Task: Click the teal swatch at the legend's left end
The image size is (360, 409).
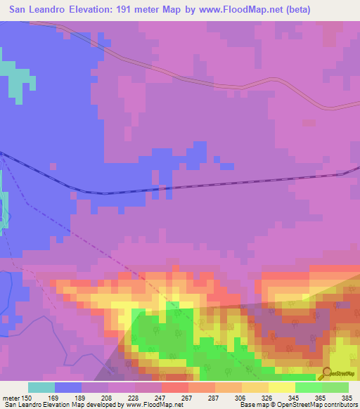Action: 41,387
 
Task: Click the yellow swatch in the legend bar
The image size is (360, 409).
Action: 281,387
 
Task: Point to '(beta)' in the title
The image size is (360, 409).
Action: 296,10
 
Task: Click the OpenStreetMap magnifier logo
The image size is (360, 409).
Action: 326,372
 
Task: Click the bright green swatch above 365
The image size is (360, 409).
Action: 308,387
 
